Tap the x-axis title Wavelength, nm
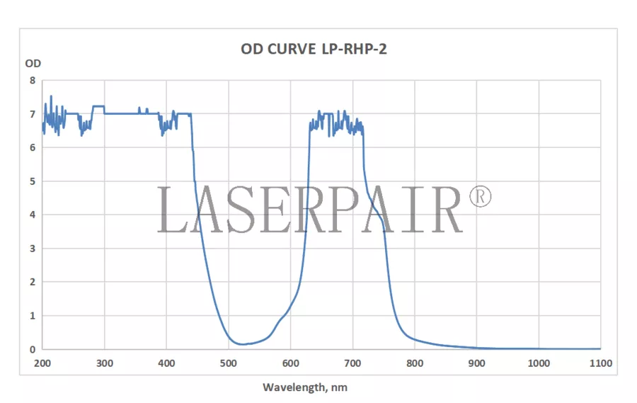(305, 387)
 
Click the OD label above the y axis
(33, 63)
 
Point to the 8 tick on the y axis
(32, 80)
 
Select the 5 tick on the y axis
(32, 181)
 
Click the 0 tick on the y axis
(32, 349)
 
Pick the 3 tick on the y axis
(32, 249)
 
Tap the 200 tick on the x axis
(42, 363)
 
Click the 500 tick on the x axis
(229, 363)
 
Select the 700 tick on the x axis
(352, 363)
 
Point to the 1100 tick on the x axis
(600, 363)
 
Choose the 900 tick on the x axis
(476, 363)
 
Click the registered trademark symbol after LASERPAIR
(479, 196)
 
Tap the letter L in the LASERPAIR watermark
(173, 210)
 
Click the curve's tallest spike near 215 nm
(51, 96)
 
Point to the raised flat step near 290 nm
(98, 106)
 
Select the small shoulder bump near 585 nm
(279, 322)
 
